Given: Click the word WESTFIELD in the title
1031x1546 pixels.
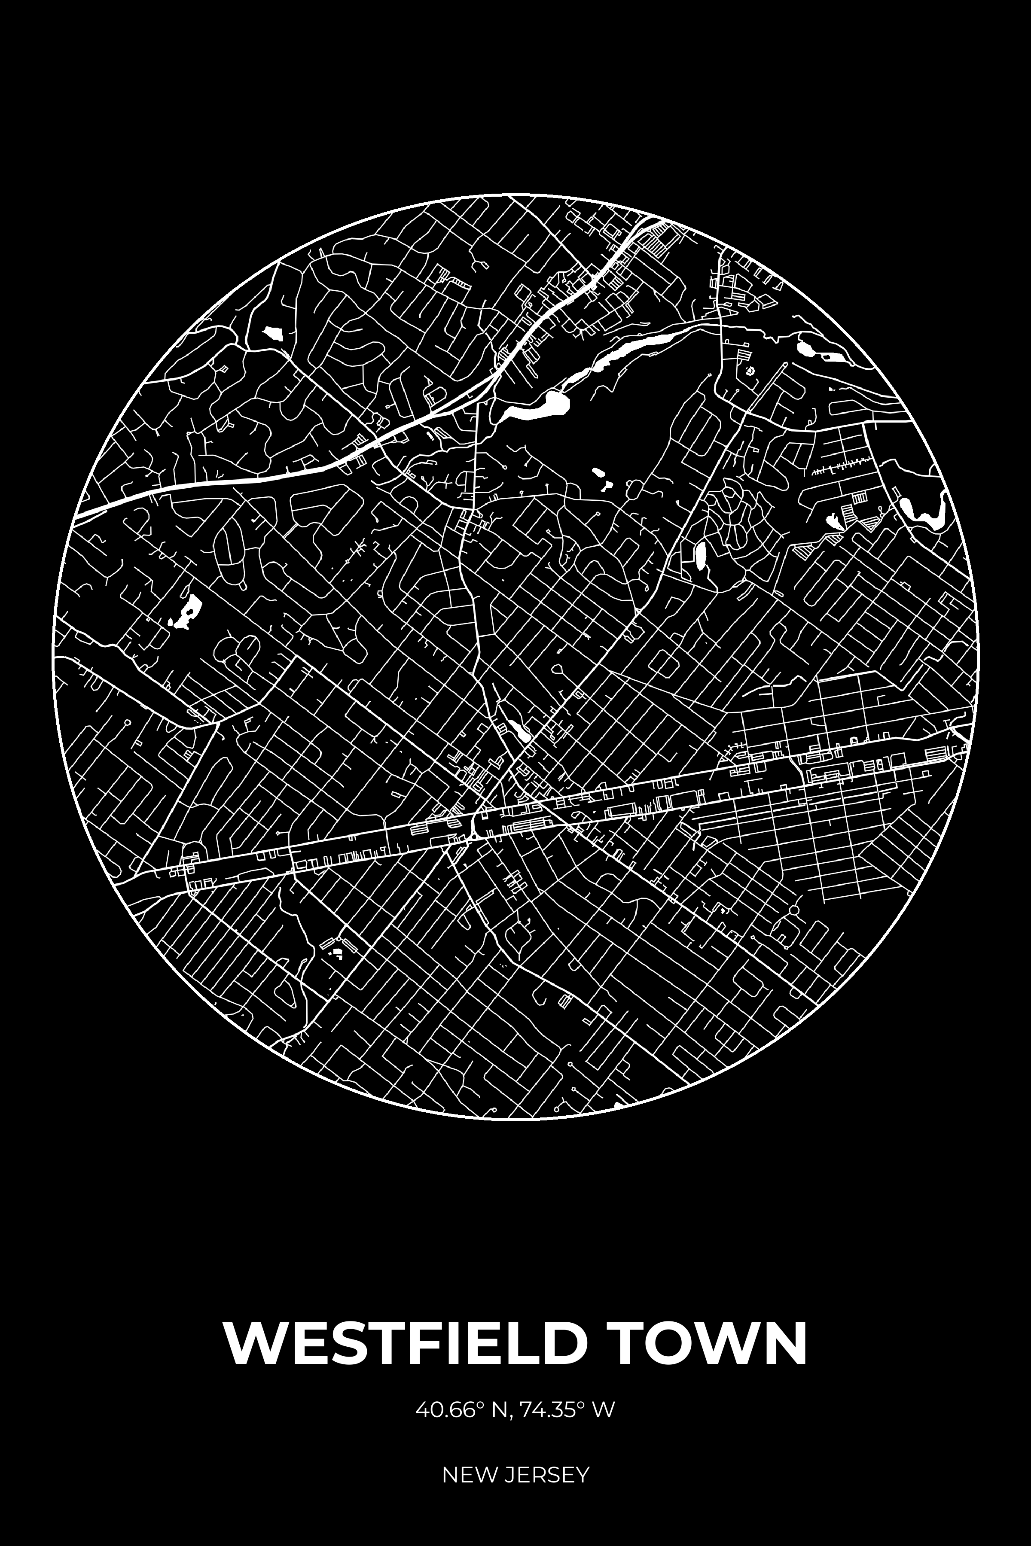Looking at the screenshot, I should pos(404,1342).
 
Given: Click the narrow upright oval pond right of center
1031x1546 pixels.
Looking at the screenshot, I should pos(701,555).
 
